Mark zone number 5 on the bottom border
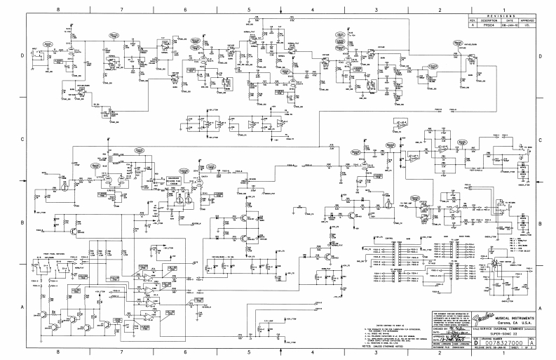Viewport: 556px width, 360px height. (249, 352)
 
